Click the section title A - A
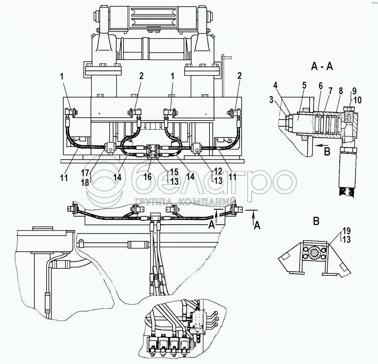pos(322,67)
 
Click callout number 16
pos(147,177)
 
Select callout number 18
pos(85,183)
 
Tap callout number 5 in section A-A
pos(304,85)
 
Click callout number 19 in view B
pos(346,231)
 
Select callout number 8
pos(341,91)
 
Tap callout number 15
pos(174,172)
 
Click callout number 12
pos(218,171)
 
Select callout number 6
pos(320,86)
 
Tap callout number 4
pos(275,85)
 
